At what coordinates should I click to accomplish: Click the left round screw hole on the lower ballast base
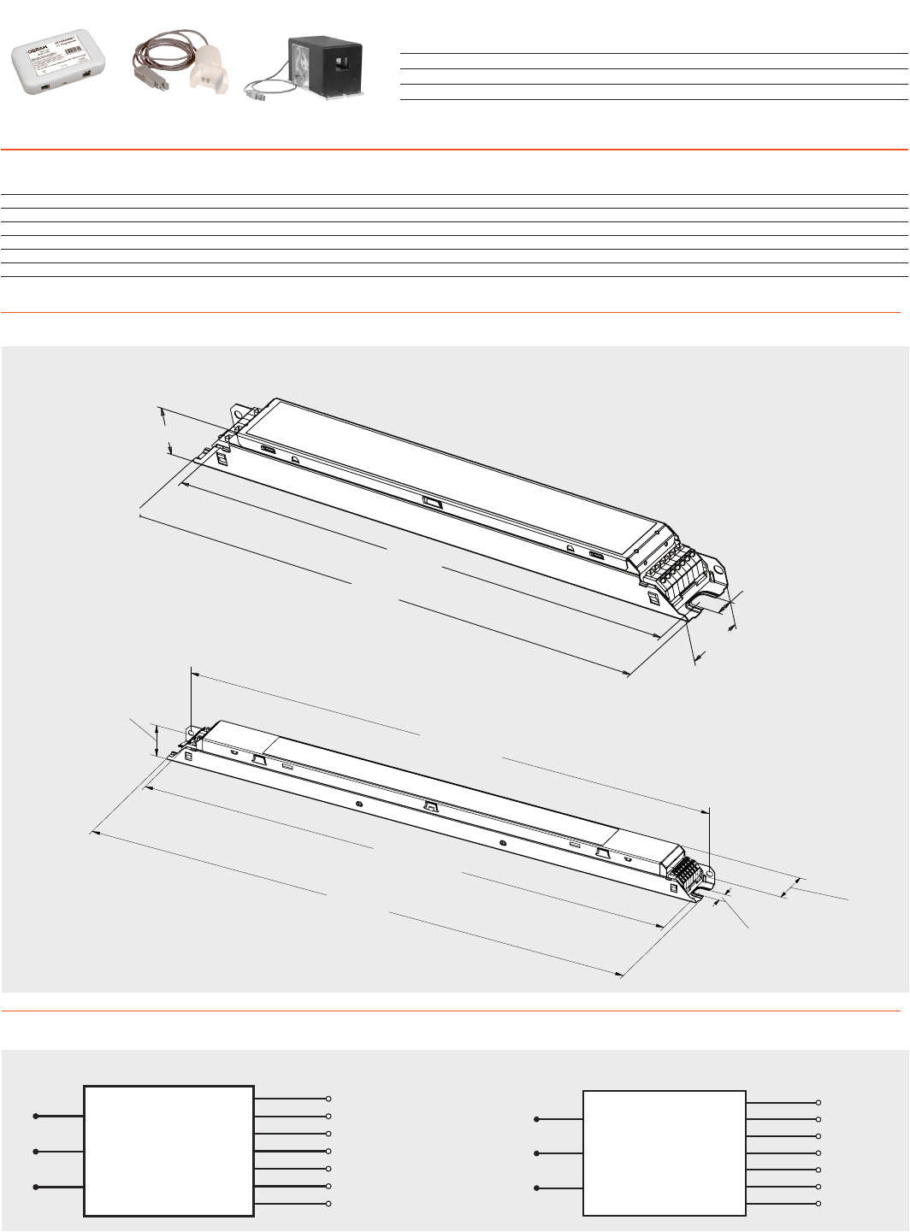pos(359,805)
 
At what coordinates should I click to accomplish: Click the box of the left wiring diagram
pos(168,1151)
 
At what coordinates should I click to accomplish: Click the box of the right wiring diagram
pos(664,1153)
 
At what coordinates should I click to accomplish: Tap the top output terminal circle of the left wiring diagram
pos(328,1099)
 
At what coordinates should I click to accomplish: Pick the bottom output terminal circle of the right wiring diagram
pos(818,1204)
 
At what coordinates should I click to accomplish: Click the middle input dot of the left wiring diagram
pos(36,1152)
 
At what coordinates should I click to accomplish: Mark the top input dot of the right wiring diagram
pos(536,1119)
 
